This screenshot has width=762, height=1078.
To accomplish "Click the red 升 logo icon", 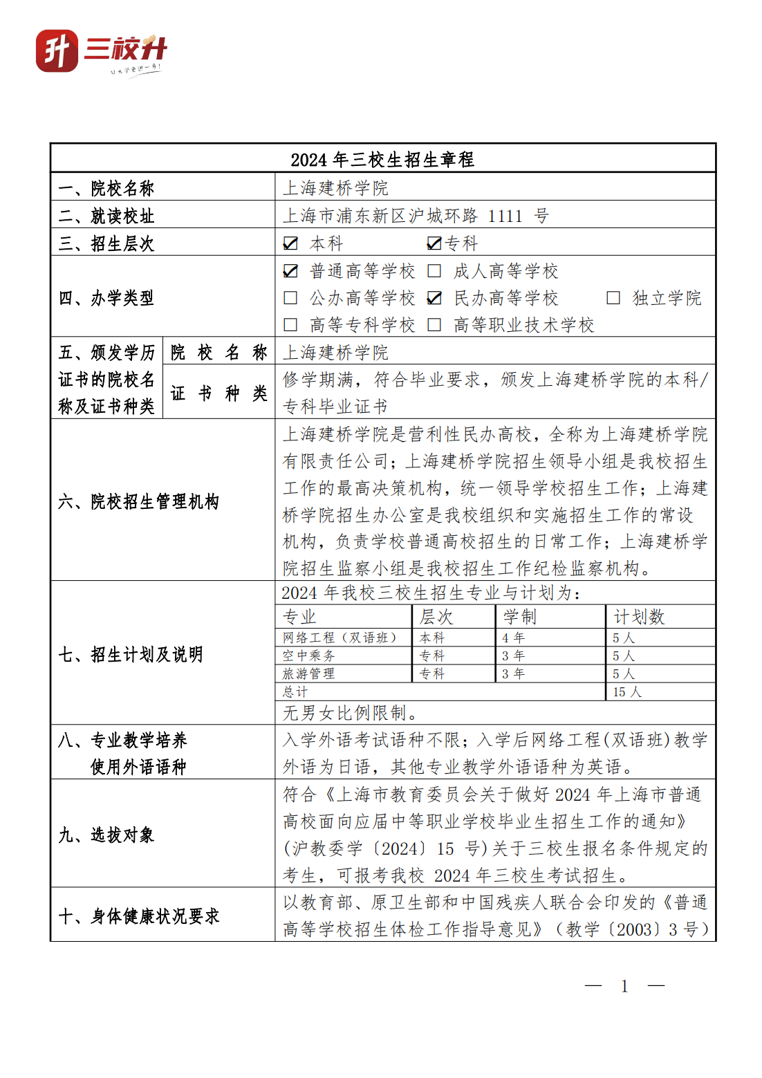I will coord(57,50).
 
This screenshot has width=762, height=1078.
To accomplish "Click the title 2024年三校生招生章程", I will coord(382,160).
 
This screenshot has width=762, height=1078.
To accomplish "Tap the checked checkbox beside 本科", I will coord(290,243).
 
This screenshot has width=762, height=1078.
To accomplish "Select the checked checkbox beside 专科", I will coord(434,243).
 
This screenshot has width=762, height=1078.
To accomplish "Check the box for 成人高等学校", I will coord(434,271).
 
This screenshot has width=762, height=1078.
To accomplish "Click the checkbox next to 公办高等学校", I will coord(290,298).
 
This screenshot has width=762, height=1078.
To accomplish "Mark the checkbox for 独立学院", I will coord(613,298).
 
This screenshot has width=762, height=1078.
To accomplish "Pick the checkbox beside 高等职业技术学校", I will coord(434,325).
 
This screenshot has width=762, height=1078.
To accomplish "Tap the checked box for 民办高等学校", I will coord(434,298).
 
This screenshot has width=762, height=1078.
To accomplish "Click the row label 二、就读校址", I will coord(106,216).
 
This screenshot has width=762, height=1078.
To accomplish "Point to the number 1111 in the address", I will coord(505,216).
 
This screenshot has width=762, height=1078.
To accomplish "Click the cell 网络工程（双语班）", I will coord(340,638).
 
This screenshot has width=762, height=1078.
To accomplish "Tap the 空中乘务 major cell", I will coord(308,656).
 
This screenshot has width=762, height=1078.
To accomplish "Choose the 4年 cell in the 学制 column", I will coord(513,638).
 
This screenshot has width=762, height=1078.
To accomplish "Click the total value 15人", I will coord(626,691).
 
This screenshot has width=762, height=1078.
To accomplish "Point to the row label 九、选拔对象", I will coord(106,835).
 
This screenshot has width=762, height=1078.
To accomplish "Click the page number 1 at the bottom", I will coord(624,986).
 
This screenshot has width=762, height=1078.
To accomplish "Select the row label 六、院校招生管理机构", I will coord(138,501).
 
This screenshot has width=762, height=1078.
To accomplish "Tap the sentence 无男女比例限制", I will coord(350,713).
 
